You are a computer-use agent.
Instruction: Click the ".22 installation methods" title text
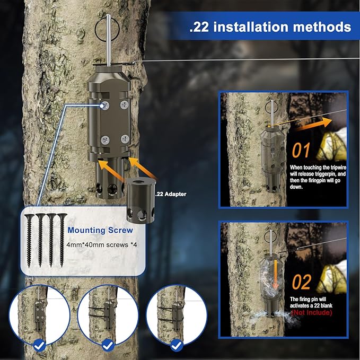coord(270,27)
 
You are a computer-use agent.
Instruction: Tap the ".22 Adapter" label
coord(171,194)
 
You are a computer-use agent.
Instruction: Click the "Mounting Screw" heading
coord(100,230)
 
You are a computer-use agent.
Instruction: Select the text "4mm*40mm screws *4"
coord(102,245)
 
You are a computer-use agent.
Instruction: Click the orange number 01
coord(301,150)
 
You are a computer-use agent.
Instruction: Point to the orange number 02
coord(302,282)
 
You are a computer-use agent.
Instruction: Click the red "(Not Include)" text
coord(312,312)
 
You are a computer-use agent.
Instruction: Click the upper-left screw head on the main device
coord(104,106)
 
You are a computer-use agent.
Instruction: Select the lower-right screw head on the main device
coord(125,139)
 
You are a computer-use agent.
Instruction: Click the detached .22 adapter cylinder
coord(141,200)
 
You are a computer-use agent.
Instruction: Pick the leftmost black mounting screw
coord(29,240)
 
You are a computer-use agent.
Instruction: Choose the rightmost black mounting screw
coord(62,240)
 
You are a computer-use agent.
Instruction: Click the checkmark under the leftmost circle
coord(39,345)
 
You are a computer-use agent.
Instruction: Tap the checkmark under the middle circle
coord(108,345)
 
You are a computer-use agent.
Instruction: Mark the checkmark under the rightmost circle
coord(177,345)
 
